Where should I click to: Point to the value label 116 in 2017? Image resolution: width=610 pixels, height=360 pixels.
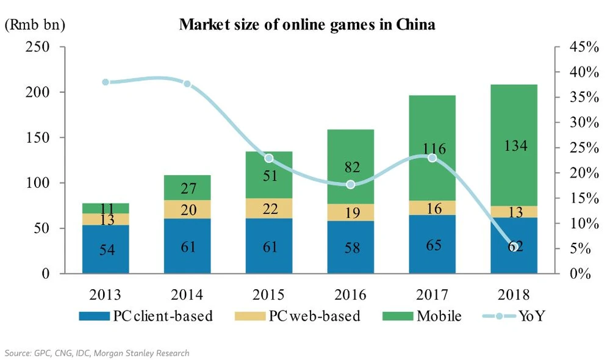tap(432, 148)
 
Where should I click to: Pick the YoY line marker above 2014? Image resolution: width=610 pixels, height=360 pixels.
tap(187, 84)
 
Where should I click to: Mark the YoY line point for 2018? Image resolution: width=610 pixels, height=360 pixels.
tap(514, 247)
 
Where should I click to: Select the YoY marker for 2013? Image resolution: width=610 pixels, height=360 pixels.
tap(106, 82)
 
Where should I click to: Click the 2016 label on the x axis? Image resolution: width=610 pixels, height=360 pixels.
tap(351, 294)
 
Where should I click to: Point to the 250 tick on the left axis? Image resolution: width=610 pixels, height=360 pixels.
tap(46, 46)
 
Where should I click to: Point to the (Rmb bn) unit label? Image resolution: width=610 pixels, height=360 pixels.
tap(35, 25)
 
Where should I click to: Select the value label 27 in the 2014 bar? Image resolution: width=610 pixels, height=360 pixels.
tap(188, 187)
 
